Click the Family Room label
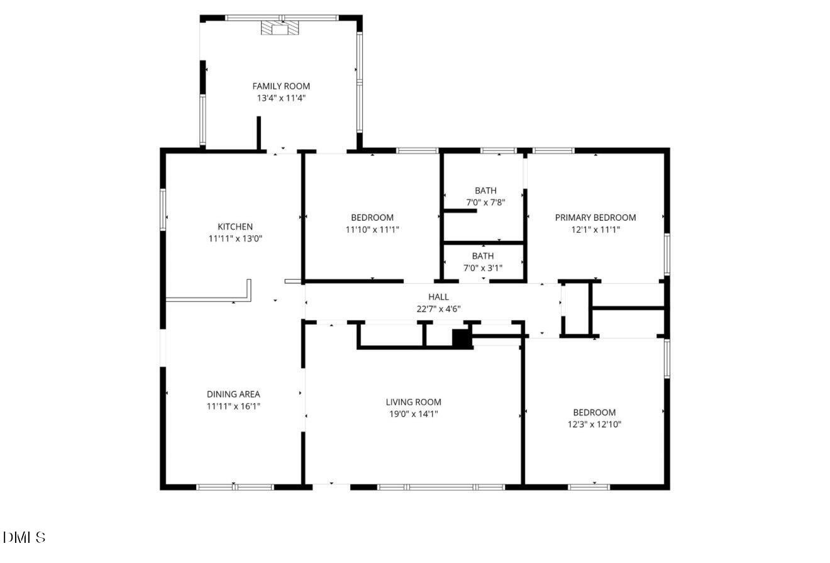tap(281, 86)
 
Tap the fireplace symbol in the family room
tap(280, 28)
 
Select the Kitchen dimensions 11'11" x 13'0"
tap(235, 238)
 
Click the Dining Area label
tap(233, 394)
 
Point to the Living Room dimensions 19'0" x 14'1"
tap(414, 414)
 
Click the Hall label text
tap(439, 297)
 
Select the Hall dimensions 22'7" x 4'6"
tap(439, 309)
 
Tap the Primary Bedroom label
tap(595, 218)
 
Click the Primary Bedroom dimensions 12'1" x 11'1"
tap(595, 230)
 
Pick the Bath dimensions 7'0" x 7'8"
tap(486, 203)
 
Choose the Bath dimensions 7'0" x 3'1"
tap(483, 268)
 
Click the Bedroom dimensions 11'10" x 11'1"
tap(372, 230)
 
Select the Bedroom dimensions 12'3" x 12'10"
tap(594, 425)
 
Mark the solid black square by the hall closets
tap(462, 338)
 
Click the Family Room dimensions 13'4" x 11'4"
tap(281, 98)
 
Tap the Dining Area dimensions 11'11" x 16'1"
tap(233, 406)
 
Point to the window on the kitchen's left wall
tap(163, 209)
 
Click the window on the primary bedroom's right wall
tap(667, 255)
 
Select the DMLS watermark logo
tap(24, 537)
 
